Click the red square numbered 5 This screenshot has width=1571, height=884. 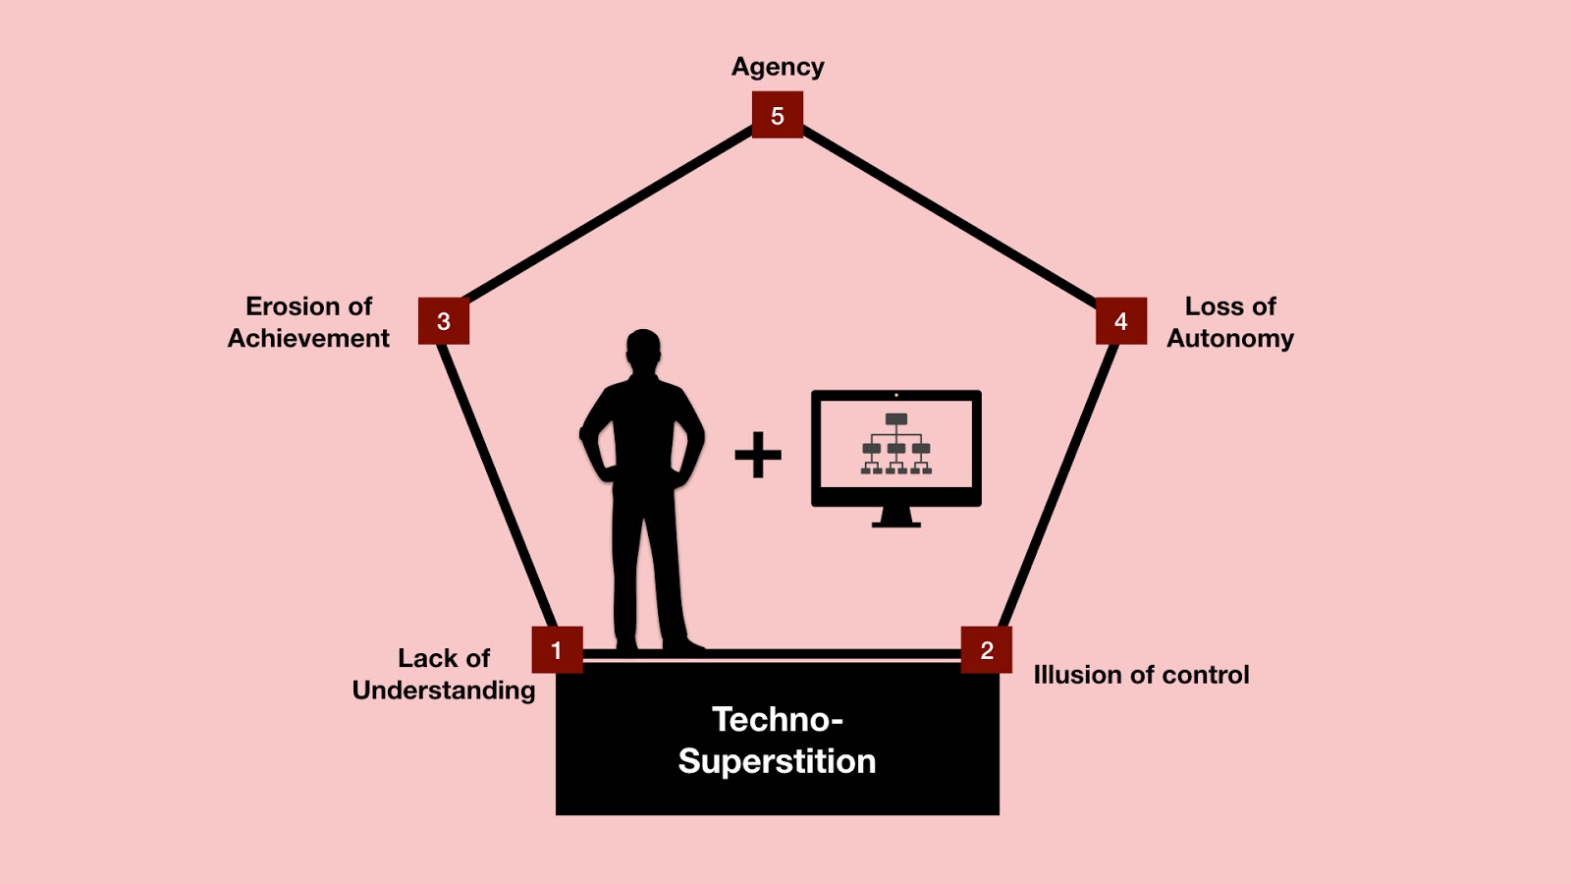tap(777, 115)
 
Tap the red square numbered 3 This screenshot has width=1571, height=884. tap(444, 321)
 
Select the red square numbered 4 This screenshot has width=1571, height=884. tap(1120, 321)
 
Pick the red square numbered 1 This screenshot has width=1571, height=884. tap(557, 649)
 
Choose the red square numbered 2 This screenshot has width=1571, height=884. tap(986, 649)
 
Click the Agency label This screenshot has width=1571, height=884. tap(778, 67)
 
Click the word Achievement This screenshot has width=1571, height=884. tap(308, 338)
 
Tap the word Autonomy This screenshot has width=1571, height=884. tap(1229, 338)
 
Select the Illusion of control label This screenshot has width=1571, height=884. tap(1141, 675)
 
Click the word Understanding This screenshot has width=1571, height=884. tap(444, 691)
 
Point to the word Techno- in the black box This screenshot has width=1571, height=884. tap(777, 720)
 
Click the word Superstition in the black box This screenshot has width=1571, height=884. tap(777, 761)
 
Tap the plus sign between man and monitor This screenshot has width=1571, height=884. tap(758, 455)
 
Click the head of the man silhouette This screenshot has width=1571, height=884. tap(643, 349)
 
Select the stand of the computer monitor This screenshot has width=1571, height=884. tap(895, 517)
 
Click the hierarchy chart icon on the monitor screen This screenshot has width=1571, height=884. tap(895, 445)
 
